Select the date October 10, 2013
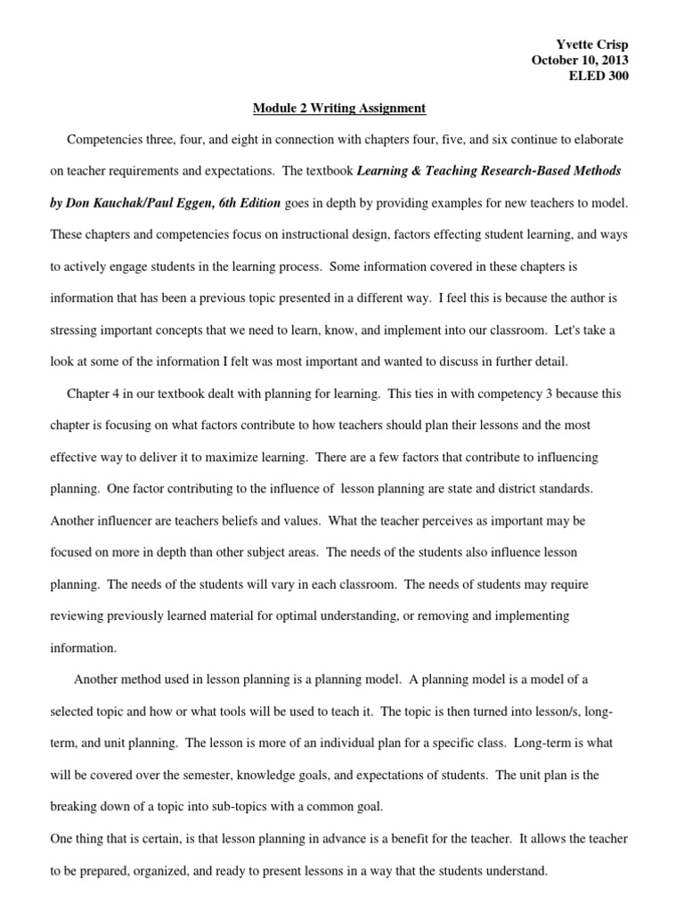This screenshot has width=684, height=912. tap(580, 61)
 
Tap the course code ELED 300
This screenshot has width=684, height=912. tap(598, 76)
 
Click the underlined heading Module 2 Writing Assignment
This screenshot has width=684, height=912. tap(339, 109)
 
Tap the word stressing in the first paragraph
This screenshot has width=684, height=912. tap(77, 330)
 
